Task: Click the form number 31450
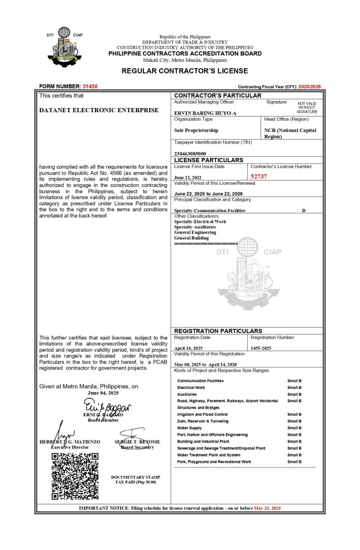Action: tap(90, 86)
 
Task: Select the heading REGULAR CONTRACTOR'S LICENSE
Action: tap(184, 71)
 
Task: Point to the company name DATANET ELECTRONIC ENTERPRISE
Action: tap(99, 110)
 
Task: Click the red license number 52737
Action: tap(259, 176)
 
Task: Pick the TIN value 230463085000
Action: tap(190, 154)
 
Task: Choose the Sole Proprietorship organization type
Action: tap(196, 131)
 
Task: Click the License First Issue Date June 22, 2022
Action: tap(188, 177)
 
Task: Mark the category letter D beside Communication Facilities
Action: tap(304, 210)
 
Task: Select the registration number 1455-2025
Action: tap(261, 348)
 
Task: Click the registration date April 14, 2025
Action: tap(188, 348)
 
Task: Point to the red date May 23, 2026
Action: tap(267, 508)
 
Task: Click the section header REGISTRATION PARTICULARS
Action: tap(218, 331)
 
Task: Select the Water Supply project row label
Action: tap(190, 428)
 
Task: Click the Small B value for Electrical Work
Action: tap(294, 387)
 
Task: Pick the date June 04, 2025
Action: tap(104, 393)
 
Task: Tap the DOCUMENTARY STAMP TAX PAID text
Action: tap(135, 480)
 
